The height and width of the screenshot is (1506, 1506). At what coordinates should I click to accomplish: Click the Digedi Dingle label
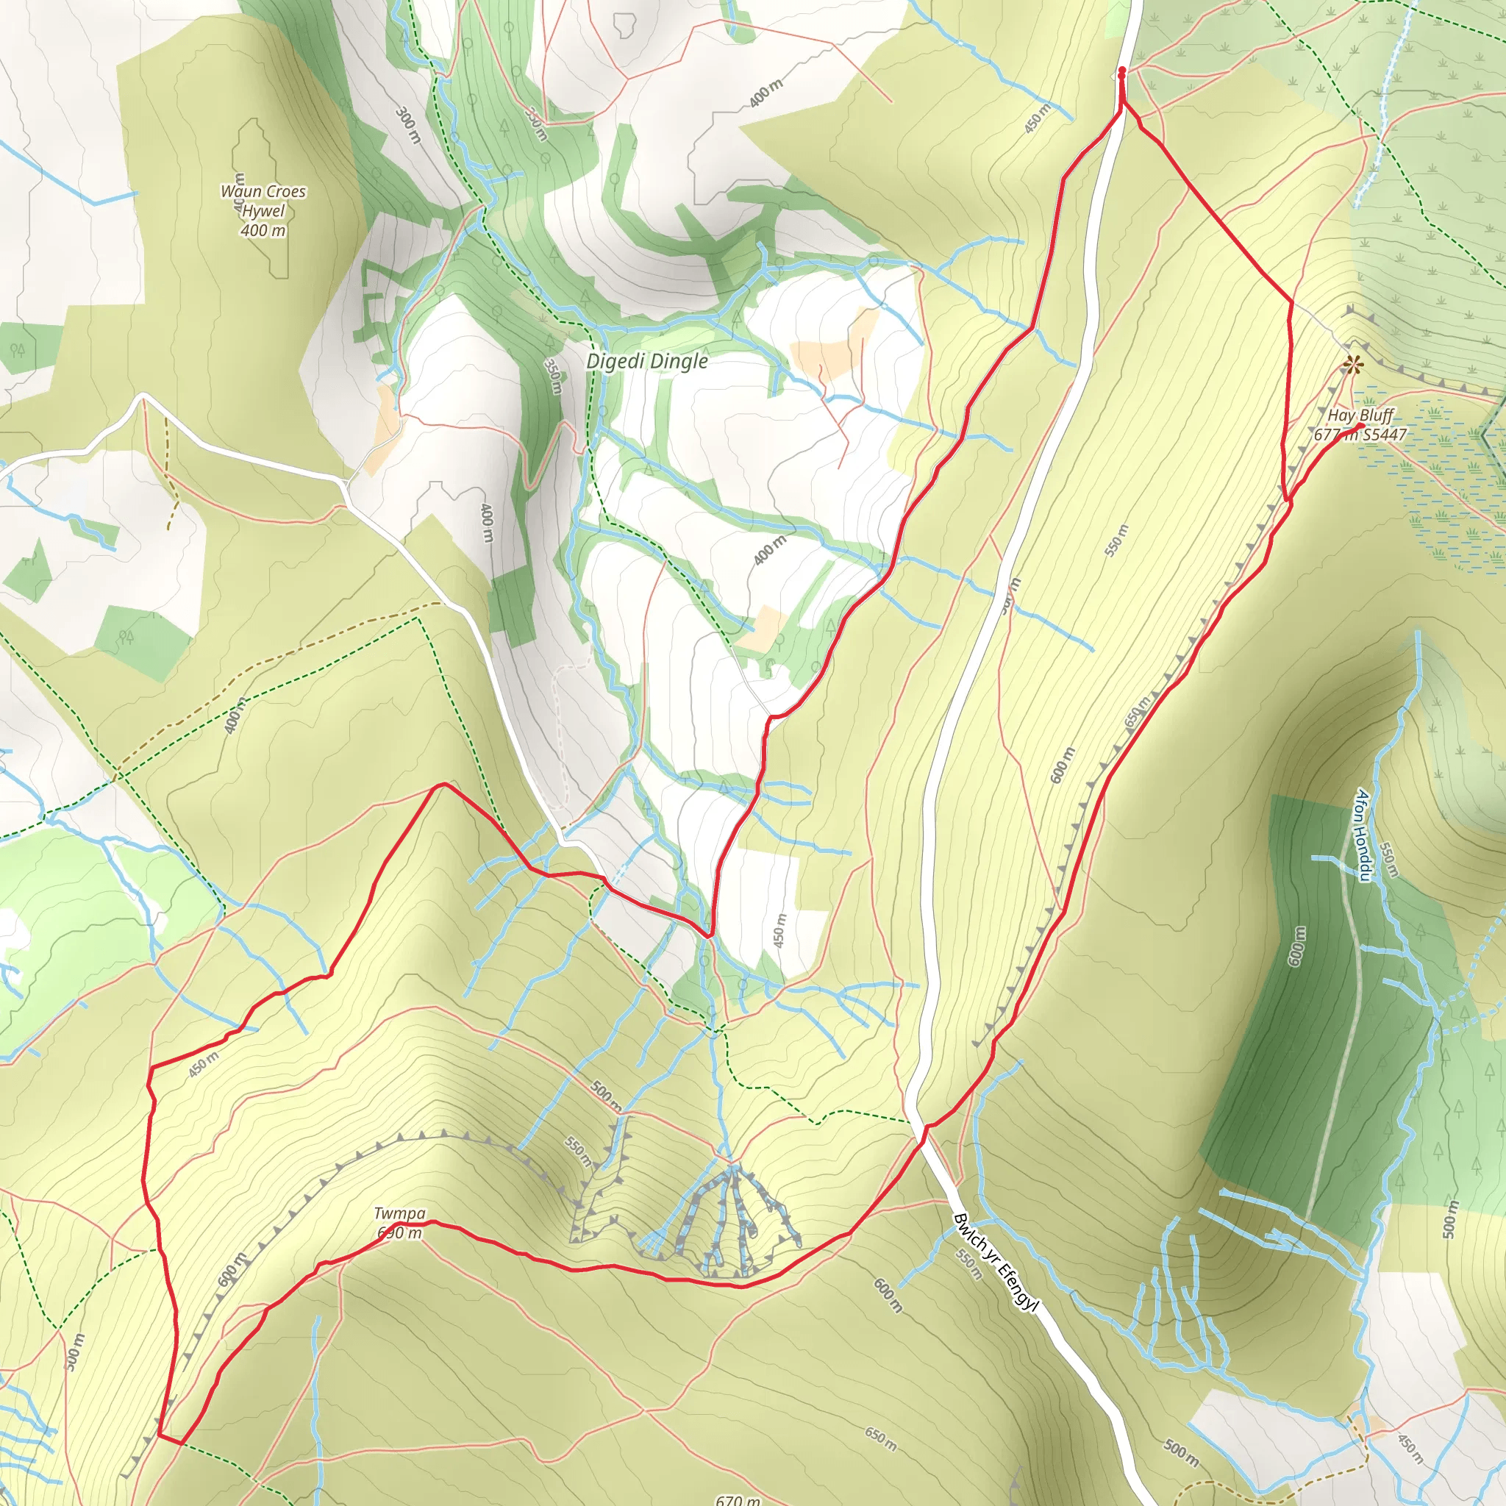click(x=646, y=361)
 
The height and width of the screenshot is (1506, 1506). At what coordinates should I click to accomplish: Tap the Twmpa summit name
click(x=399, y=1213)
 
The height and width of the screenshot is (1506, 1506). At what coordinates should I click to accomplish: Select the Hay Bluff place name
click(x=1361, y=415)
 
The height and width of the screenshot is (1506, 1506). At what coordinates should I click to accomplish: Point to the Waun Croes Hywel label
click(x=263, y=201)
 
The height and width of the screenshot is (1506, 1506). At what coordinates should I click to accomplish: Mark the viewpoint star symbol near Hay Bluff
click(x=1354, y=363)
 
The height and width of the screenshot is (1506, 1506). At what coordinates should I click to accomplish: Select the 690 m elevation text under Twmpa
click(x=399, y=1232)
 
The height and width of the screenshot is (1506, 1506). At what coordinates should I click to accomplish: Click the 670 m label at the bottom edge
click(x=738, y=1498)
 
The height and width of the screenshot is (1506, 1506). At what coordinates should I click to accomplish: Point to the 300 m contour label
click(x=407, y=125)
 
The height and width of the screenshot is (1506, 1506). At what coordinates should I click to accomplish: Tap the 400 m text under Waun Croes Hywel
click(x=263, y=231)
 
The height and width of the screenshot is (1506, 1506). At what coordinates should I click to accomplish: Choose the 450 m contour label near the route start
click(x=1038, y=118)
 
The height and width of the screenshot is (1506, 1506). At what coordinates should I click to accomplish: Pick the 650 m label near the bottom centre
click(x=880, y=1438)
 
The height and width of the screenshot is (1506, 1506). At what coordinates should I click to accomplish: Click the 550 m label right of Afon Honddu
click(x=1388, y=860)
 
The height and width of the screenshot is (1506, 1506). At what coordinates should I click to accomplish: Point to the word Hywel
click(x=263, y=211)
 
